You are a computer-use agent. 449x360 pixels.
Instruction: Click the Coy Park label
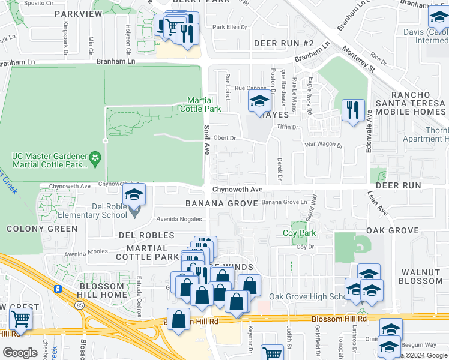(299, 233)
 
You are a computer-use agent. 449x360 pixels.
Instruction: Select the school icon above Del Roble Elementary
(134, 194)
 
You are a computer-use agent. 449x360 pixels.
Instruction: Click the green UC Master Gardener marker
(94, 158)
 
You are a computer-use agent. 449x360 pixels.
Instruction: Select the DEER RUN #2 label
(283, 43)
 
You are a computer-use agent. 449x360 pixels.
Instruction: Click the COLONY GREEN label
(42, 229)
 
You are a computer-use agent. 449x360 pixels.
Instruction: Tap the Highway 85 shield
(58, 289)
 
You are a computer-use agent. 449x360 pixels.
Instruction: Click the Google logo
(20, 353)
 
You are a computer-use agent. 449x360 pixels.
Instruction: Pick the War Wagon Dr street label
(324, 145)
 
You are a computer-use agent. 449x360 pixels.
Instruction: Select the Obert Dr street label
(226, 137)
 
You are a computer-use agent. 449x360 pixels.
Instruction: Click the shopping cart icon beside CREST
(20, 320)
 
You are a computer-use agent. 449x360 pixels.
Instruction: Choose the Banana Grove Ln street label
(288, 202)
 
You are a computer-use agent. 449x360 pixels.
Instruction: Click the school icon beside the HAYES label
(259, 103)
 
